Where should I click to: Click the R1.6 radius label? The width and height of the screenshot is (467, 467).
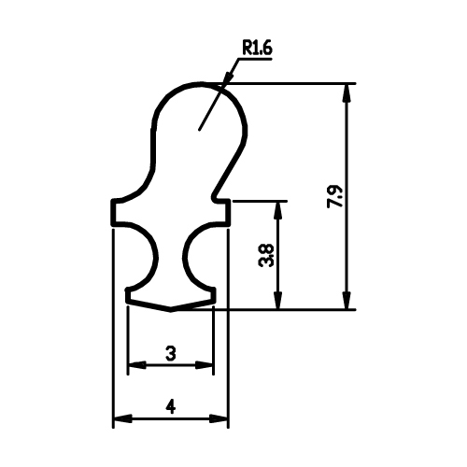tap(257, 49)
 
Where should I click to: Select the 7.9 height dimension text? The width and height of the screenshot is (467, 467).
tap(335, 197)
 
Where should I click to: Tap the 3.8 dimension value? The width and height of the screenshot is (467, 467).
tap(266, 255)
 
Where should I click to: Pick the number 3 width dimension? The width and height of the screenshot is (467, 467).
tap(171, 354)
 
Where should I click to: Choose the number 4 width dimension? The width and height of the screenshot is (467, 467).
tap(171, 406)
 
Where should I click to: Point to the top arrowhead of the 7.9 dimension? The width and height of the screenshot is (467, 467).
tap(347, 92)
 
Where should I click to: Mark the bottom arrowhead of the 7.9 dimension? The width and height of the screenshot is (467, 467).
tap(347, 301)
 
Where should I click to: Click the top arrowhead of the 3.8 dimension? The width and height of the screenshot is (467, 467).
tap(278, 211)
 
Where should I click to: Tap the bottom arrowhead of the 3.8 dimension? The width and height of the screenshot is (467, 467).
tap(278, 301)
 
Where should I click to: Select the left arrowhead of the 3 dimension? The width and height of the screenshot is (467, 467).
tap(137, 364)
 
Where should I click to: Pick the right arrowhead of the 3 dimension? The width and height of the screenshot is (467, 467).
tap(205, 364)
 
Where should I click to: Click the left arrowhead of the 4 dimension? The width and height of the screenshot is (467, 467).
tap(122, 418)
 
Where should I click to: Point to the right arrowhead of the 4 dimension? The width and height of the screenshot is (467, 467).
tap(219, 418)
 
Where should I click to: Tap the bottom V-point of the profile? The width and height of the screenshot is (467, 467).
tap(171, 310)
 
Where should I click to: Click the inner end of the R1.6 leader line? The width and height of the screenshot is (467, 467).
tap(199, 130)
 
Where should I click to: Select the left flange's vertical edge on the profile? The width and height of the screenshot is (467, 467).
tap(113, 212)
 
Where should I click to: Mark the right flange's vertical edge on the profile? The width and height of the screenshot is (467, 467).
tap(228, 212)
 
